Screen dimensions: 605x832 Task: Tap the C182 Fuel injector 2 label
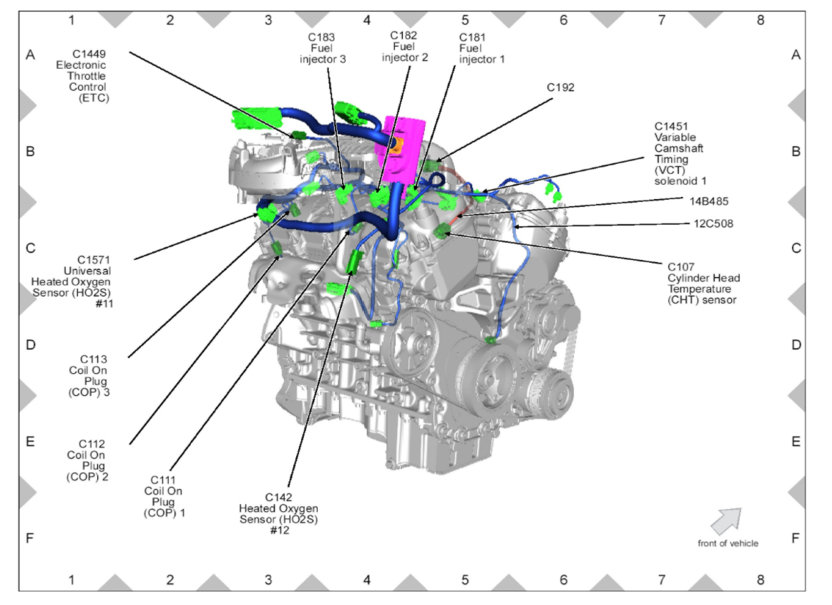tap(404, 35)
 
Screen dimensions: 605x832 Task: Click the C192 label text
tap(561, 87)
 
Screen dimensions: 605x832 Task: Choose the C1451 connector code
tap(671, 126)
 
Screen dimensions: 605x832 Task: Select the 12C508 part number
tap(712, 223)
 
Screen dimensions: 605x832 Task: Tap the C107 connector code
tap(680, 266)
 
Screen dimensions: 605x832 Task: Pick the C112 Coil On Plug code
tap(91, 444)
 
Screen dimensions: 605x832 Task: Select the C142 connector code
tap(278, 497)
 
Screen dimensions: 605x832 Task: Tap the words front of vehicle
tap(728, 543)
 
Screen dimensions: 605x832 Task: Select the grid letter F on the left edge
tap(30, 538)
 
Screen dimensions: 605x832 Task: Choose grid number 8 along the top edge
tap(760, 20)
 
